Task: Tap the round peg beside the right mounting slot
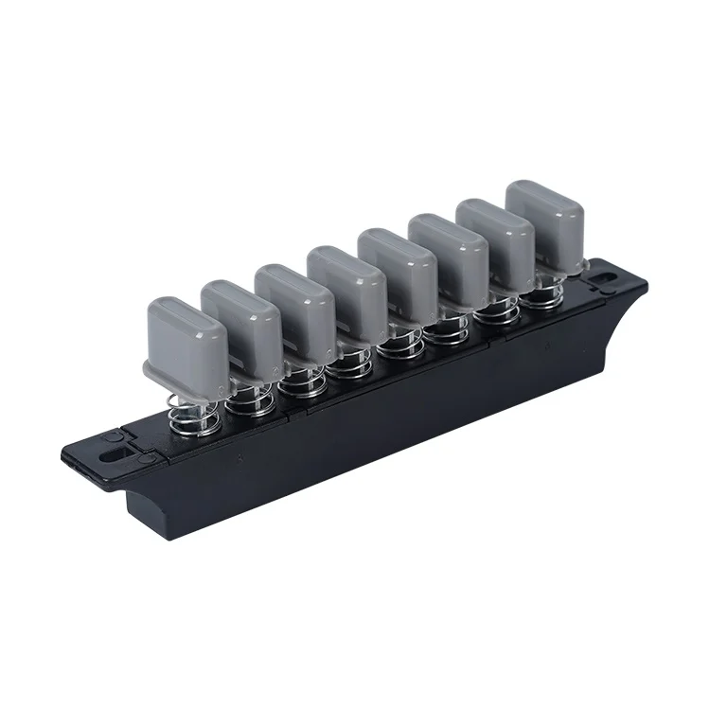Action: pos(595,275)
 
